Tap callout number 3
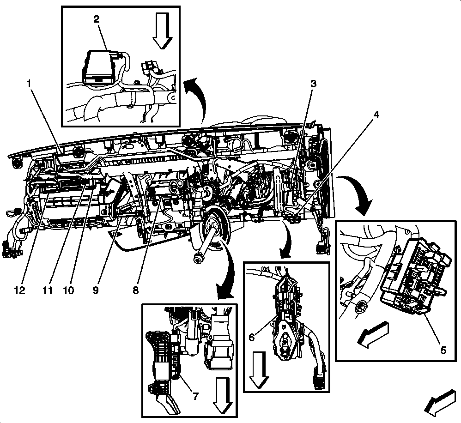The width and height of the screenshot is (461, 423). point(313,84)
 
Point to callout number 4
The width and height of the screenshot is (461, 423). point(376,115)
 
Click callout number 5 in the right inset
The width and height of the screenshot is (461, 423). point(443,350)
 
